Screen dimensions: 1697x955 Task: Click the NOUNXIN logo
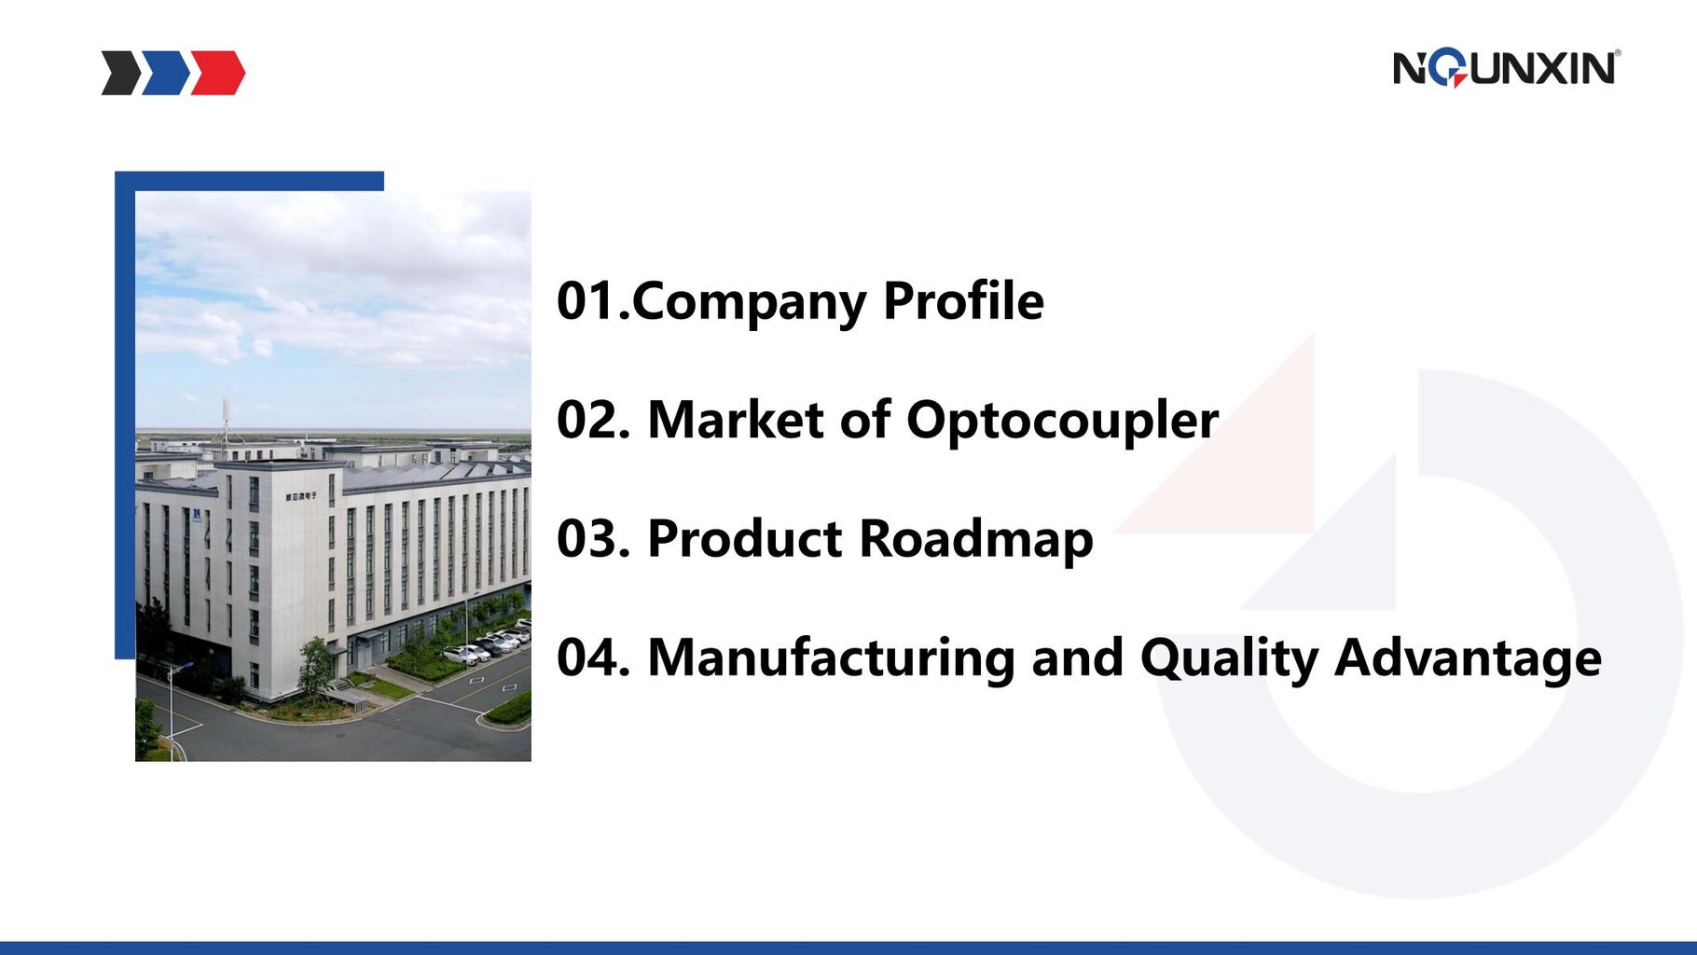pos(1507,68)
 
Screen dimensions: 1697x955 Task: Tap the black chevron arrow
pos(122,73)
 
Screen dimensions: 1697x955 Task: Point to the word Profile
pos(963,301)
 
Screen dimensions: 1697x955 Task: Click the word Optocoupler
pos(1062,421)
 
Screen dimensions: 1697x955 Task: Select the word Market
pos(736,420)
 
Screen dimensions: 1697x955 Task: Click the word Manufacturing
pos(831,658)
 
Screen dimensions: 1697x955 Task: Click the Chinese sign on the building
pos(300,496)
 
